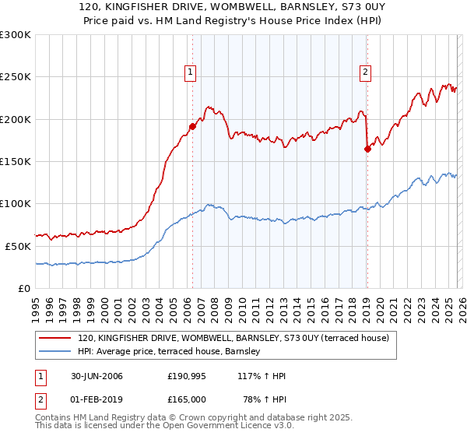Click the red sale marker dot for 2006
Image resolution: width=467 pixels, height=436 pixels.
click(x=192, y=126)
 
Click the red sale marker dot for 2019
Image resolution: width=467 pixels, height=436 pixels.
click(x=367, y=149)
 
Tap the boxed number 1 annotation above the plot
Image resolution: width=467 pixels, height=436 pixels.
click(x=190, y=72)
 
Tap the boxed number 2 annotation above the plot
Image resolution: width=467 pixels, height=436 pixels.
click(x=365, y=72)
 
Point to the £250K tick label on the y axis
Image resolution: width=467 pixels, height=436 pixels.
click(x=15, y=77)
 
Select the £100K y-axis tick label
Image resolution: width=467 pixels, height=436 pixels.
click(x=15, y=203)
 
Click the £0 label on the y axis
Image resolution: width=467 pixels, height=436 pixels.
click(x=23, y=288)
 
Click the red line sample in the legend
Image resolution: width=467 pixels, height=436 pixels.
click(x=56, y=339)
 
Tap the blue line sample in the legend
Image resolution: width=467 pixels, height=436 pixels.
click(x=56, y=352)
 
